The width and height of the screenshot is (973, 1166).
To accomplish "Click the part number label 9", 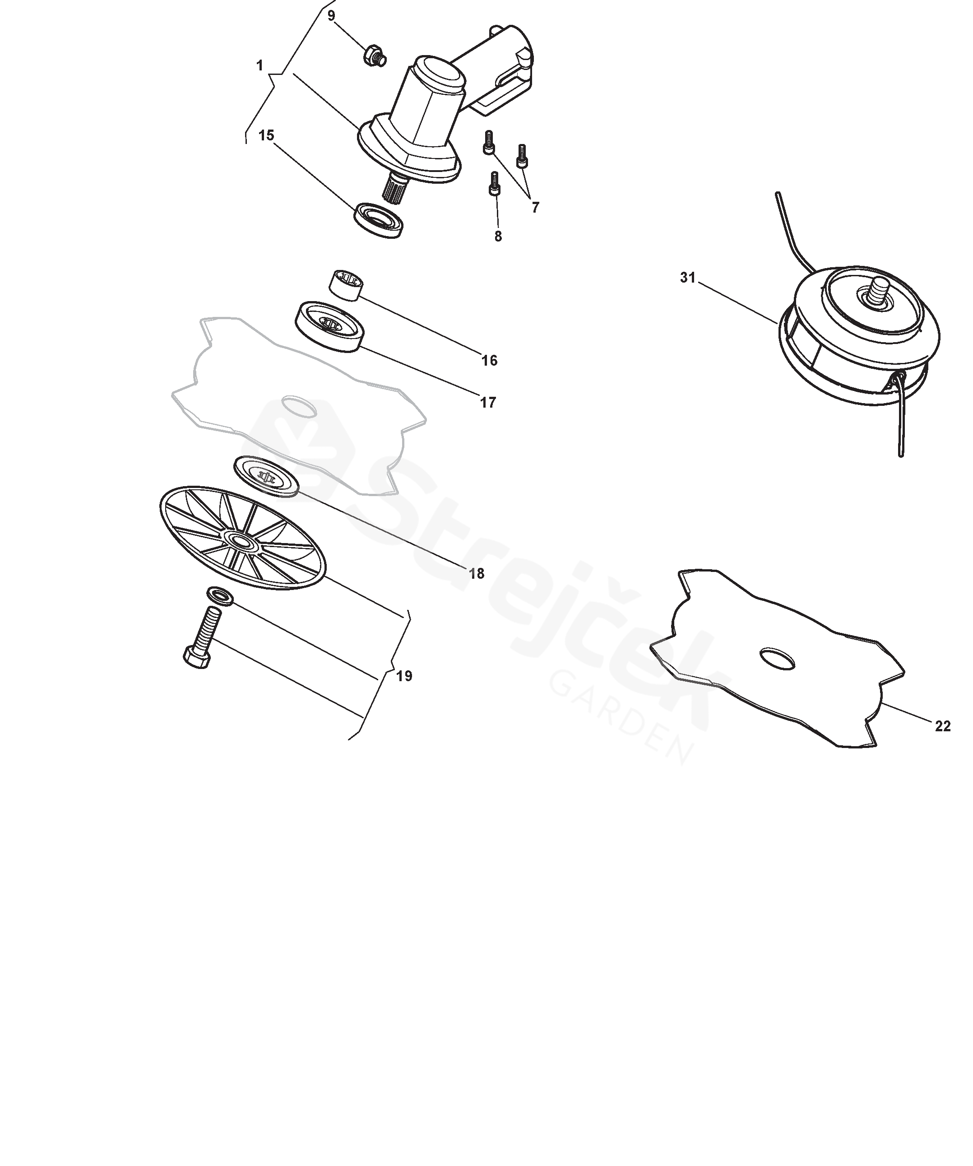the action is [x=331, y=15].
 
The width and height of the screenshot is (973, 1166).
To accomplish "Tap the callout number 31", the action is [x=688, y=278].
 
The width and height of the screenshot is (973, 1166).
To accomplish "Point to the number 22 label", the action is [x=942, y=726].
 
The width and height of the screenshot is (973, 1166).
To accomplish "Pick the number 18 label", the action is [x=477, y=574].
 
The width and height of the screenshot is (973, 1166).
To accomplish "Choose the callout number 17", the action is [x=488, y=403].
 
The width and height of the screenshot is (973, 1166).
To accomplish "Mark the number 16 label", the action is [x=489, y=361].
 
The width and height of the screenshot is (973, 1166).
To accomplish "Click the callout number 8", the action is [x=498, y=237].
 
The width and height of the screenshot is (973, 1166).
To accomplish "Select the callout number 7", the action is [x=535, y=208].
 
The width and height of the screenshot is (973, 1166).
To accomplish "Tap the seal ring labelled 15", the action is [x=379, y=220].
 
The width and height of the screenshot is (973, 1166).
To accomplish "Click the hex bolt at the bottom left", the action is [x=203, y=637].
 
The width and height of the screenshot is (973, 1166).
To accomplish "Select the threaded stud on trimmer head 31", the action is [x=880, y=292].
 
